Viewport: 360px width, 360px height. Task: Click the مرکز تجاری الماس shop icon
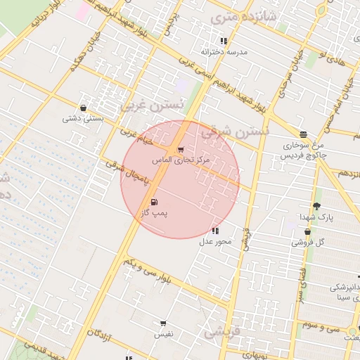click(181, 150)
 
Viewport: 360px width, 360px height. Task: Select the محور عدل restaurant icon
click(214, 231)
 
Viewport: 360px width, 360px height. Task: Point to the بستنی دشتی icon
click(84, 108)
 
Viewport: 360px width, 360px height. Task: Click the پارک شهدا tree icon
click(316, 206)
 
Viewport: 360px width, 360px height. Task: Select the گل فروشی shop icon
click(308, 232)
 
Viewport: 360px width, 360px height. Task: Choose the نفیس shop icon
click(163, 324)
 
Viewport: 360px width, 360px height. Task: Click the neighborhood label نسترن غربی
click(153, 105)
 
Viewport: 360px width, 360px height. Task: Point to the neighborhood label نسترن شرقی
click(236, 131)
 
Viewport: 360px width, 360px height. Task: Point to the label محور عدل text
click(215, 242)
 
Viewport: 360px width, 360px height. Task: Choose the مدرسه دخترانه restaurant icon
click(224, 41)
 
